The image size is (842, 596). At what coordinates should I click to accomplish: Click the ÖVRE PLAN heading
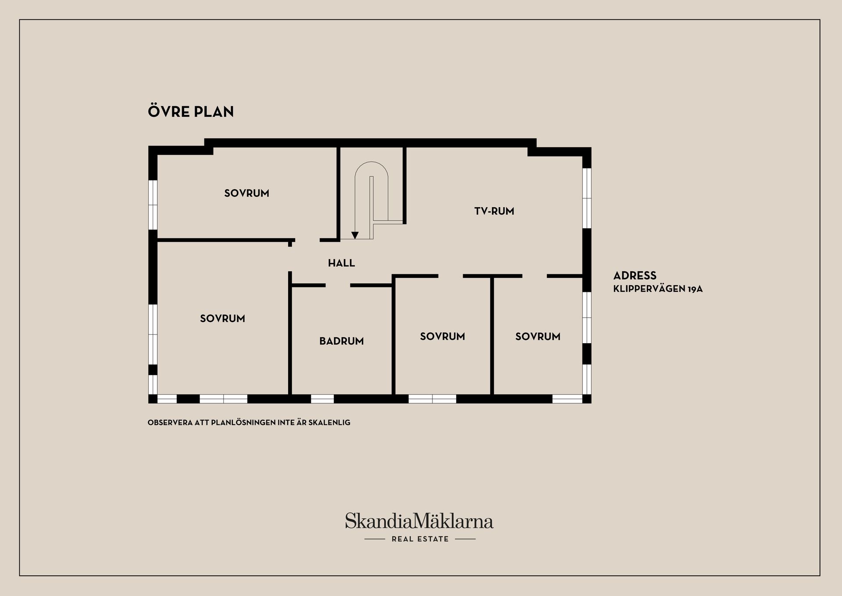point(191,111)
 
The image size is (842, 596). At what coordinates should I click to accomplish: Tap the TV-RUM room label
point(494,211)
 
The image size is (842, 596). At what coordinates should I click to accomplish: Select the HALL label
point(341,263)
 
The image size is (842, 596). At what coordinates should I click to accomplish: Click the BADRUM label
point(342,341)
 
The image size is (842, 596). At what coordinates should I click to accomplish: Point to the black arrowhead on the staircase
point(355,235)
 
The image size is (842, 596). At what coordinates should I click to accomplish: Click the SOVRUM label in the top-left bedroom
point(246,193)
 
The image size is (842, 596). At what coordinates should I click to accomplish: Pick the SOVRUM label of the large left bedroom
point(222,319)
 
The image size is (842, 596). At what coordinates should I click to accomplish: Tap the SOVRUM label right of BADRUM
point(442,337)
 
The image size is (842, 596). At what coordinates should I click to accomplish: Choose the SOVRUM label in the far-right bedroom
point(538,337)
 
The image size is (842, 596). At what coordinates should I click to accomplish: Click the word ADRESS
point(635,276)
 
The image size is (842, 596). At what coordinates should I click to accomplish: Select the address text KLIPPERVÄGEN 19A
point(658,289)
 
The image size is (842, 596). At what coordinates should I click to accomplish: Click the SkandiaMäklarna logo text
point(419,521)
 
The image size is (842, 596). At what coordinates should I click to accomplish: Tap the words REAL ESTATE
point(420,539)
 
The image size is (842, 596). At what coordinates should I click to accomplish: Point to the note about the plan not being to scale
point(249,423)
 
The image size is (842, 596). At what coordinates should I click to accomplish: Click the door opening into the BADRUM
point(338,285)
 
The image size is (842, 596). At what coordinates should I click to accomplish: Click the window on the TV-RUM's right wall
point(587,198)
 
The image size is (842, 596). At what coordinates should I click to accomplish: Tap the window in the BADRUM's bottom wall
point(322,399)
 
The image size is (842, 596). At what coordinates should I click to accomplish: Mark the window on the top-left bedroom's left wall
point(153,205)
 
